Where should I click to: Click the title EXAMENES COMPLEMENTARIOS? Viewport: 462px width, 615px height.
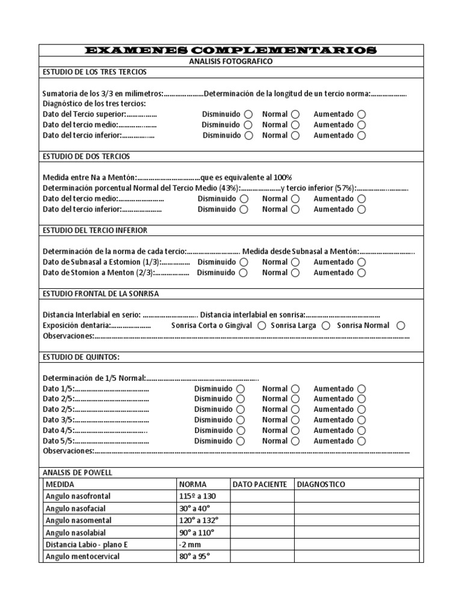232,50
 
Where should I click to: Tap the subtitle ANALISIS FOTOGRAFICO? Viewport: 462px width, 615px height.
232,61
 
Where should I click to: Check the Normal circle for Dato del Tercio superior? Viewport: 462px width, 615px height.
295,114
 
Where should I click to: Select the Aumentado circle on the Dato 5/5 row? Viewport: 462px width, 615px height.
361,441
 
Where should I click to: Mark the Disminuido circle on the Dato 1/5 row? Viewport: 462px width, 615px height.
241,389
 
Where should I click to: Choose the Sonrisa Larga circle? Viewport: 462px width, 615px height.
326,326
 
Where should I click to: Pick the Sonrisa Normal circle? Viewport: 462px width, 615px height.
401,326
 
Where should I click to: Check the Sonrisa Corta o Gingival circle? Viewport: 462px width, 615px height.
262,326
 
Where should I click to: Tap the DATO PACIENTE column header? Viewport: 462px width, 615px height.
260,485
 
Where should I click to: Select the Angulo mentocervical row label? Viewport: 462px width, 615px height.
82,557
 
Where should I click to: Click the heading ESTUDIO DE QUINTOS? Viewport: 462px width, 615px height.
81,357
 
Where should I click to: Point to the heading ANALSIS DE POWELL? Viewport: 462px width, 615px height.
78,473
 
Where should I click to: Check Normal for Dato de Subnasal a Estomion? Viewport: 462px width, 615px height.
295,262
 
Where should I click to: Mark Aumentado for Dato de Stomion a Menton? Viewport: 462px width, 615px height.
361,273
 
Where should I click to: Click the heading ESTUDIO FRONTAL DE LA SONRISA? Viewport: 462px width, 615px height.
101,294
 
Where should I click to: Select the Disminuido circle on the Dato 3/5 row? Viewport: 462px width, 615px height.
241,420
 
